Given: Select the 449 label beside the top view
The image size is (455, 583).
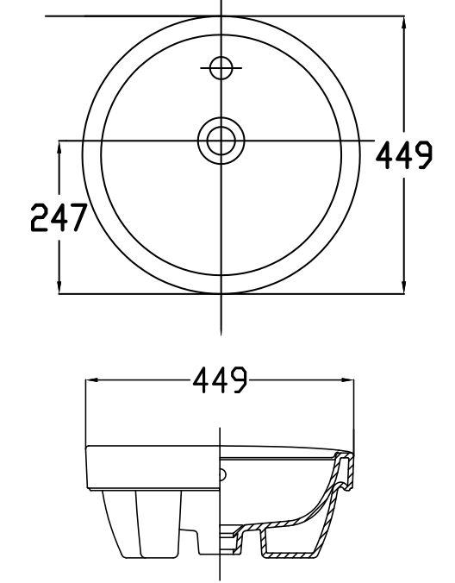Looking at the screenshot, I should point(403,156).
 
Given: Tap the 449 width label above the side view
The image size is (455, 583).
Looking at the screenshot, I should point(221,379).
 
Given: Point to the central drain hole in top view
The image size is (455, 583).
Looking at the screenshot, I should point(221,140).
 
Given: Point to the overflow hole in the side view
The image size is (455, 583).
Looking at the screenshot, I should point(225,474).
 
